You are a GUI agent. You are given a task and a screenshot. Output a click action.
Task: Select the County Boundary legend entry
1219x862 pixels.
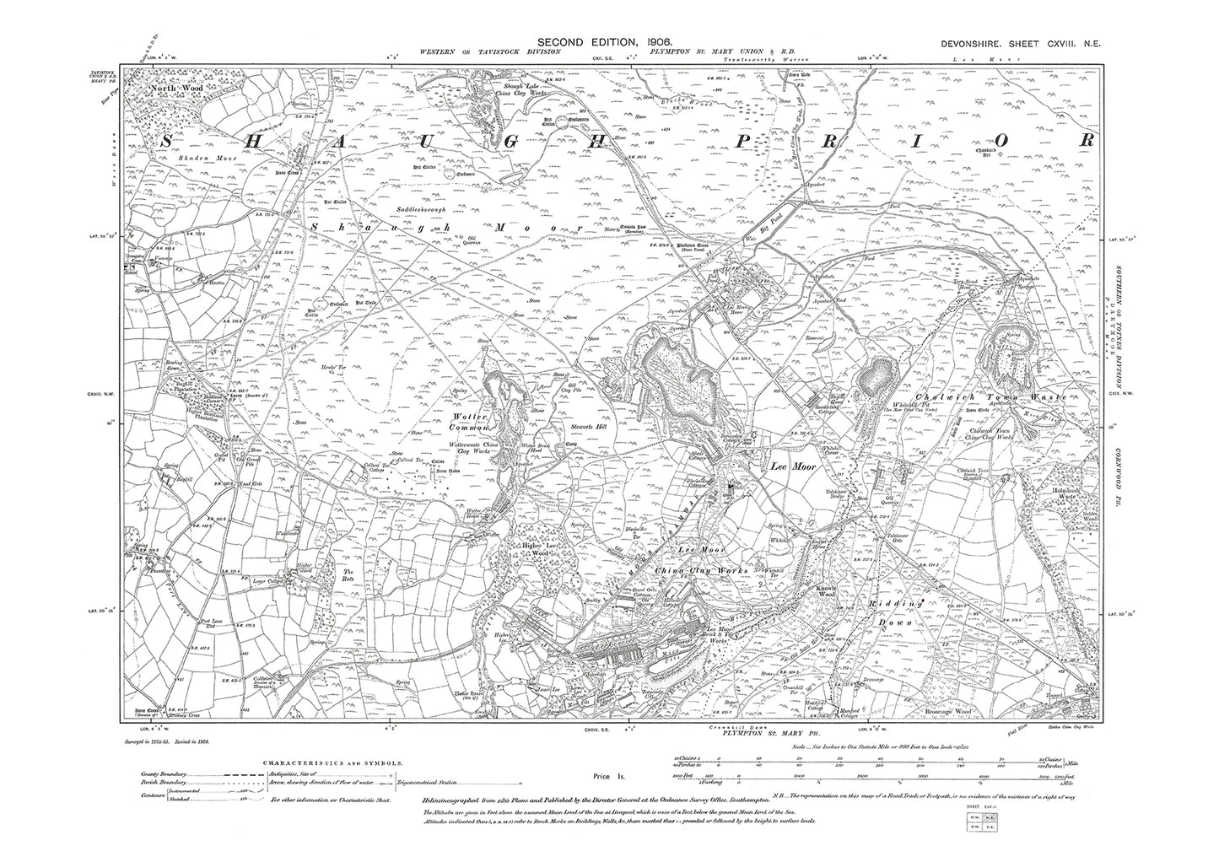pyautogui.click(x=169, y=776)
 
